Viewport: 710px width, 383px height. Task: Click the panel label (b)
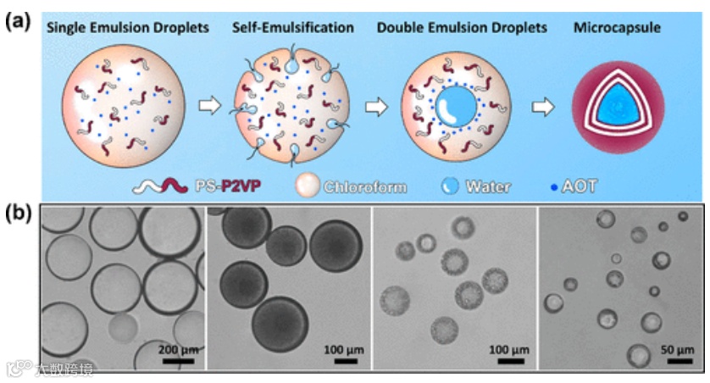point(19,213)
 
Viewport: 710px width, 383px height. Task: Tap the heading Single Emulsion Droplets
point(128,29)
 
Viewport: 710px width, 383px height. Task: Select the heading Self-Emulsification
point(293,29)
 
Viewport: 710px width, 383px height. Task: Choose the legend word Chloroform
point(363,186)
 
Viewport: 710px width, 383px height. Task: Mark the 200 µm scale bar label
point(176,348)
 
